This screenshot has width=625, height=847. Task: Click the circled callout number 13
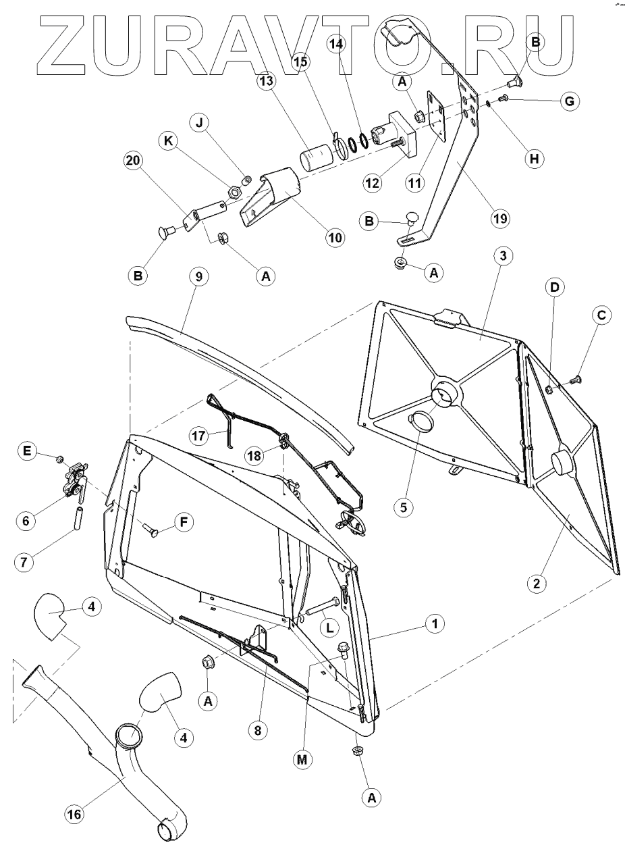click(266, 80)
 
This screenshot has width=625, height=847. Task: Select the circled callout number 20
click(134, 161)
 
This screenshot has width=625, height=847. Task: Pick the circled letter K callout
click(169, 141)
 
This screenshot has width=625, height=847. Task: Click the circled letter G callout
click(570, 101)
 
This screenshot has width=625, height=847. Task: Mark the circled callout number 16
click(75, 815)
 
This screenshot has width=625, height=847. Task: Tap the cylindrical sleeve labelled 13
click(313, 162)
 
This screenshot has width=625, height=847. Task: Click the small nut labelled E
click(59, 459)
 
